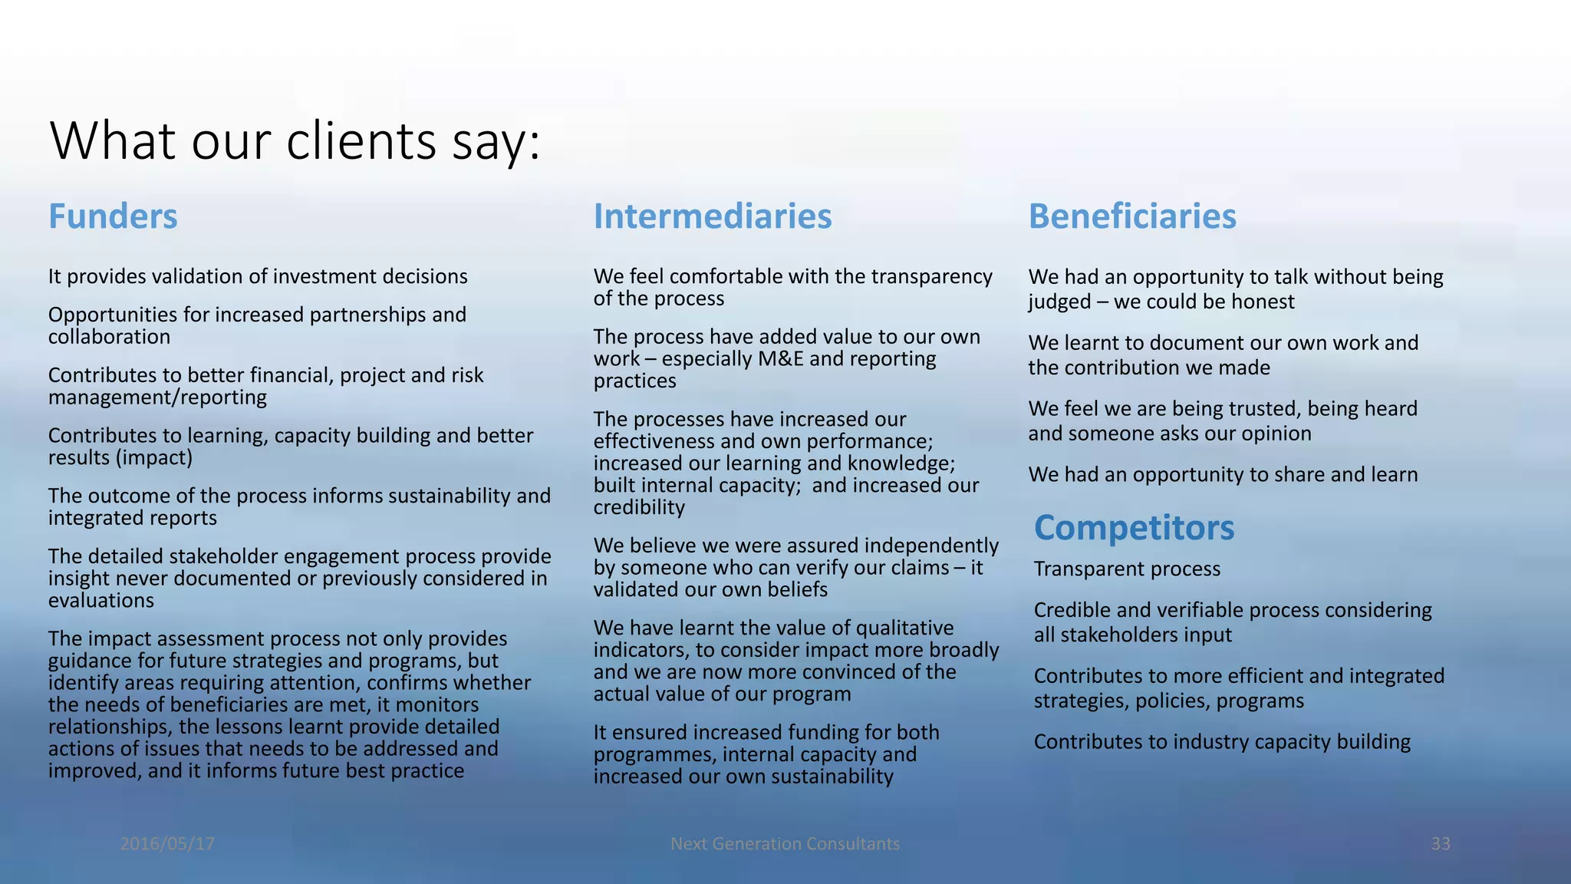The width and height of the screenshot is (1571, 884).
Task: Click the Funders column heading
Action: (113, 216)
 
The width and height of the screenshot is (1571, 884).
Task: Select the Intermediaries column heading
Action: (712, 216)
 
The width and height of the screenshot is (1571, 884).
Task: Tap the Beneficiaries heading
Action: (1131, 216)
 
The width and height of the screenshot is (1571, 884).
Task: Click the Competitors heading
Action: (1134, 528)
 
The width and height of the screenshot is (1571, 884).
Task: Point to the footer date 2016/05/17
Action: (167, 844)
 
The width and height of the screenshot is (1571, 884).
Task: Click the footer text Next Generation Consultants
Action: (785, 844)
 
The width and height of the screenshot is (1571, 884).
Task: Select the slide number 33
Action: (1440, 844)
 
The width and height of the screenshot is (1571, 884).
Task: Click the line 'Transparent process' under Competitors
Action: (1126, 569)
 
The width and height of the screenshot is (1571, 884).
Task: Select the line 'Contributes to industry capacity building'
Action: (1221, 742)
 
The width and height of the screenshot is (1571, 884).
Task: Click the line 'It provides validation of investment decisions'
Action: (258, 277)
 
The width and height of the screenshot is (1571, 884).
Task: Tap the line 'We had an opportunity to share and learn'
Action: (1222, 475)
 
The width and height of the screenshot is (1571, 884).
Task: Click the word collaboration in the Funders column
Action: (109, 338)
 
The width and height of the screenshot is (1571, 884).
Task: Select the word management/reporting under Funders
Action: (157, 397)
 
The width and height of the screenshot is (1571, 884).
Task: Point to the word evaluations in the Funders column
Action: (100, 601)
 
